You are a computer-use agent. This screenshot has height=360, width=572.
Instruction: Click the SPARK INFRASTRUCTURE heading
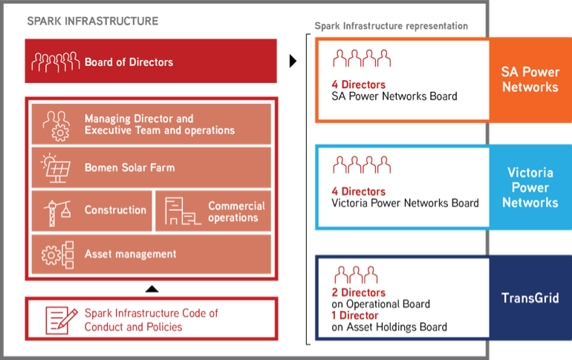pos(93,21)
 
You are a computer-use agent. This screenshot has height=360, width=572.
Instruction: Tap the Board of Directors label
pos(129,62)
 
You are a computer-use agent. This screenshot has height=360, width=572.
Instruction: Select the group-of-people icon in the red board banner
pos(56,62)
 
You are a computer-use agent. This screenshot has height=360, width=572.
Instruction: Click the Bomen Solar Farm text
pos(129,168)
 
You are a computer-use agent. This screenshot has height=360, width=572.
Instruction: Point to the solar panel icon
pos(56,168)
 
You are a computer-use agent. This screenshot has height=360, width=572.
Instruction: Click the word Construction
pos(115,210)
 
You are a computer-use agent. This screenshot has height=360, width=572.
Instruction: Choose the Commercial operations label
pos(236,212)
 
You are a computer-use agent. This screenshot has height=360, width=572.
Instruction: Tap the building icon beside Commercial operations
pos(182,211)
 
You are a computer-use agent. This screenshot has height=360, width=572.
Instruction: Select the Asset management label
pos(130,254)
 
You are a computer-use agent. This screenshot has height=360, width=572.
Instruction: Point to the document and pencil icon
pos(61,320)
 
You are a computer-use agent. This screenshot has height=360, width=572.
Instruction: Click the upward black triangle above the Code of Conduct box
pos(152,289)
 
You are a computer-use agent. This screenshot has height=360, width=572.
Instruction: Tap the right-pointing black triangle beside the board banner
pos(293,61)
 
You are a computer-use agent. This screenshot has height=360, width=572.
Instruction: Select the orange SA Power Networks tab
pos(530,80)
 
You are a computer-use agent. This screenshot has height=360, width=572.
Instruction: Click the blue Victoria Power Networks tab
pos(530,187)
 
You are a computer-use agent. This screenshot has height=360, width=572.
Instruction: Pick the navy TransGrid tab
pos(530,298)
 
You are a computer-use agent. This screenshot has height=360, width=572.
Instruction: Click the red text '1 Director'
pos(354,315)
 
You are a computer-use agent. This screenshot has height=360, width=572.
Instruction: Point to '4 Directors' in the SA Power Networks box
pos(358,85)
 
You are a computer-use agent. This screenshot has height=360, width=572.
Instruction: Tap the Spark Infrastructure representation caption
pos(391,26)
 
